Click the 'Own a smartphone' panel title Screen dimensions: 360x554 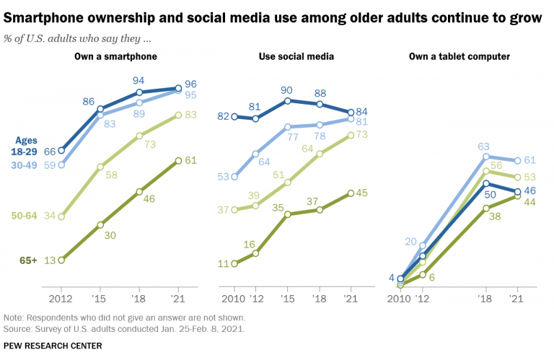115,56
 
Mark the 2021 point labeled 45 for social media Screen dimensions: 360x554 350,193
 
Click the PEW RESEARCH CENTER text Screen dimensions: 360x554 53,346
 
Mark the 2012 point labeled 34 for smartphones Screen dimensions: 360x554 61,216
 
